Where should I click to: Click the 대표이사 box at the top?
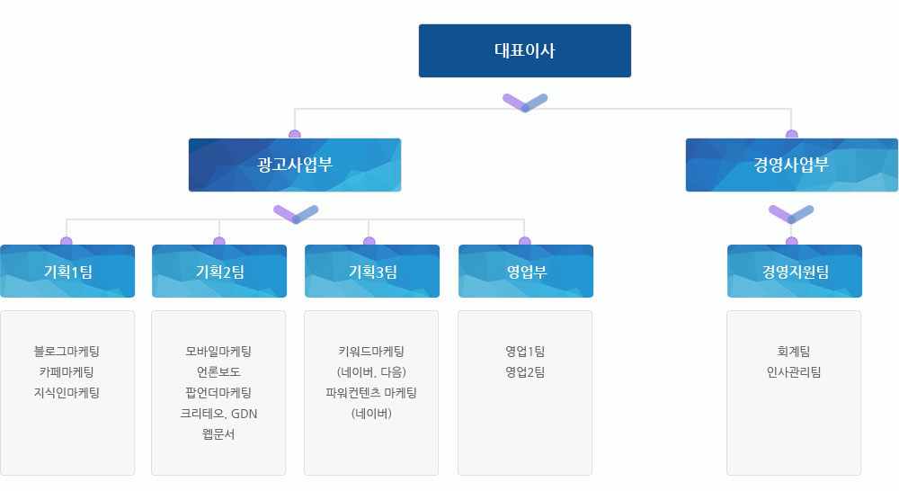(525, 50)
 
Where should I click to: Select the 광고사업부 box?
(295, 165)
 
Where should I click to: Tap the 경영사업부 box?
(792, 165)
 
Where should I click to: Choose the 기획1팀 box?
(67, 272)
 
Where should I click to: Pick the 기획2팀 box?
(219, 272)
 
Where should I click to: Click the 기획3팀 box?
(372, 272)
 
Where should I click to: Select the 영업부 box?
(526, 272)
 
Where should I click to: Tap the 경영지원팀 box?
(795, 272)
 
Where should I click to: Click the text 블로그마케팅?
(67, 351)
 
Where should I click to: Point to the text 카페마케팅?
(67, 371)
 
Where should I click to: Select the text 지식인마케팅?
(67, 392)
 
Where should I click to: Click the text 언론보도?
(218, 371)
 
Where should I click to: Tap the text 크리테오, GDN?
(218, 414)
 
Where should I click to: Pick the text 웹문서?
(218, 434)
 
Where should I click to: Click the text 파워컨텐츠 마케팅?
(371, 392)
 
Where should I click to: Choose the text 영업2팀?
(525, 371)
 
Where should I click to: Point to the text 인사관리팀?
(794, 371)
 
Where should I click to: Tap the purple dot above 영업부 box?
(525, 242)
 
